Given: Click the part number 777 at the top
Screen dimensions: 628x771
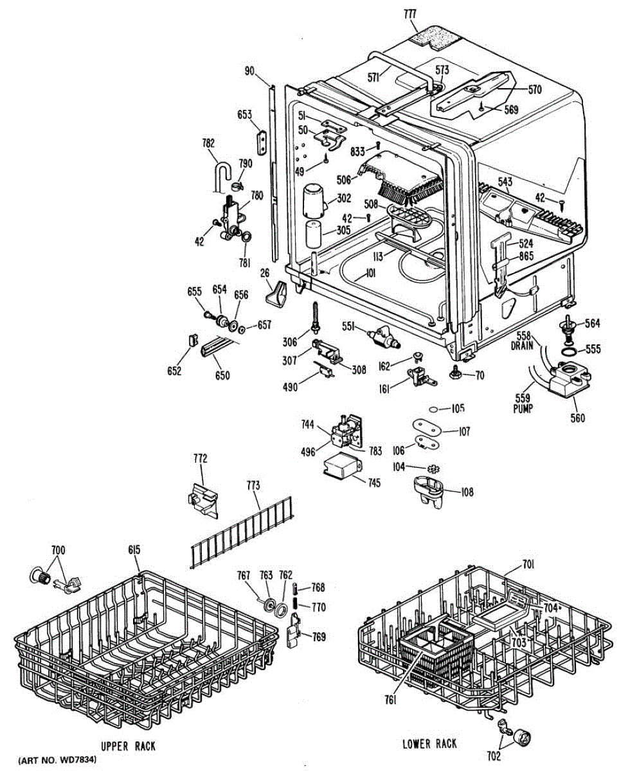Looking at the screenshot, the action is point(410,14).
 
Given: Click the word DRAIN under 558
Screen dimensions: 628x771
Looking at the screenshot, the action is point(522,346).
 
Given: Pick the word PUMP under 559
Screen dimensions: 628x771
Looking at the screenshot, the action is point(523,409).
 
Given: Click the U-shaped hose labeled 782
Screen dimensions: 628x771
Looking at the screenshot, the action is point(221,175).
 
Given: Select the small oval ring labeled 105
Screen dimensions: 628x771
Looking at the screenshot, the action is point(433,409).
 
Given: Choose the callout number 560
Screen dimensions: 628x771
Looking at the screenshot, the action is point(577,418).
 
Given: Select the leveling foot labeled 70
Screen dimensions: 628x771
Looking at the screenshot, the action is point(454,373).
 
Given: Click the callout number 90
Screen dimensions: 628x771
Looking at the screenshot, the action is point(249,71).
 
